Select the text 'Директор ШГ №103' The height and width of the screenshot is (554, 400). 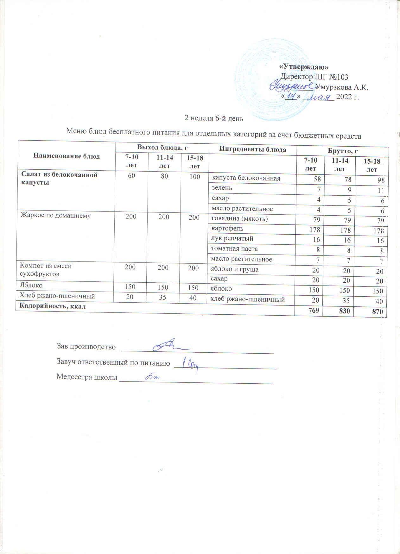tap(314, 77)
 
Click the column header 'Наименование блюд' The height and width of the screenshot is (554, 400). tap(67, 156)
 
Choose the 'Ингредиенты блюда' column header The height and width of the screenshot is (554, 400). tap(253, 149)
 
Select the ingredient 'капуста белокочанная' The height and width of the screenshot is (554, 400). tap(246, 178)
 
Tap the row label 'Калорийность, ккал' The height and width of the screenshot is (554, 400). tap(53, 306)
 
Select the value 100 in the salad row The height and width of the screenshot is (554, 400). tap(195, 177)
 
